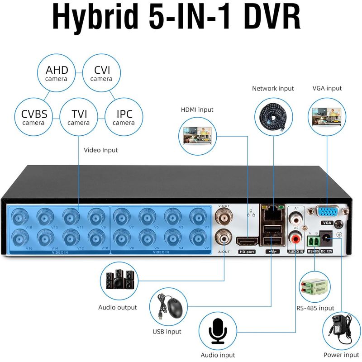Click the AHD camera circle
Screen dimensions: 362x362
pyautogui.click(x=57, y=73)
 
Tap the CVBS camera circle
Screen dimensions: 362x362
pyautogui.click(x=34, y=117)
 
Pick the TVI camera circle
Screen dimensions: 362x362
pyautogui.click(x=79, y=117)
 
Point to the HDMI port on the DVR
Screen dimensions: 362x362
pyautogui.click(x=247, y=242)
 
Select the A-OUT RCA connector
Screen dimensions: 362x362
pyautogui.click(x=224, y=236)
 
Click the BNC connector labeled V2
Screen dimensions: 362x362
pyautogui.click(x=197, y=237)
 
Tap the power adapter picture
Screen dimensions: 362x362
pyautogui.click(x=342, y=328)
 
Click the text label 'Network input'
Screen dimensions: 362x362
pyautogui.click(x=273, y=89)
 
